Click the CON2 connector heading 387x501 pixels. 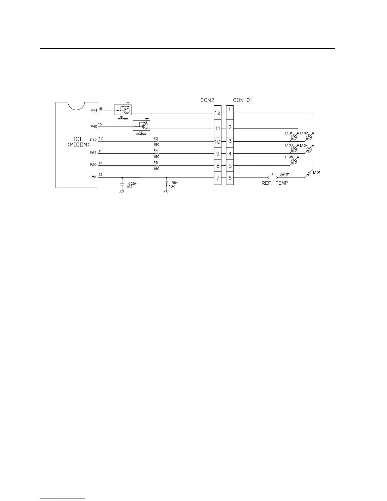[x=207, y=100]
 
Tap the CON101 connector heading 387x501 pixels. [x=243, y=100]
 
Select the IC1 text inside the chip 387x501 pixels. [x=77, y=139]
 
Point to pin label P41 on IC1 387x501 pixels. [x=94, y=110]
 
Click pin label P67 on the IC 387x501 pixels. [x=93, y=153]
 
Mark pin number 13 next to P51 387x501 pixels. [x=100, y=175]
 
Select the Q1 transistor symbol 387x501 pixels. [x=126, y=110]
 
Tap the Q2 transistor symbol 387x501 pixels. [x=145, y=126]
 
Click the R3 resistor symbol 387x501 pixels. [x=156, y=141]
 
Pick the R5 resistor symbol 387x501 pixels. [x=156, y=166]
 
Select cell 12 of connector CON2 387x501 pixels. [x=218, y=113]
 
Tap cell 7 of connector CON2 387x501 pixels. [x=218, y=178]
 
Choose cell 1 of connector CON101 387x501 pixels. [x=230, y=110]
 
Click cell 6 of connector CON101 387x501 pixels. [x=230, y=178]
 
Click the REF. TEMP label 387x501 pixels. [x=275, y=183]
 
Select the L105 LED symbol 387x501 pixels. [x=294, y=161]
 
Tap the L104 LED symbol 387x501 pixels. [x=309, y=150]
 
